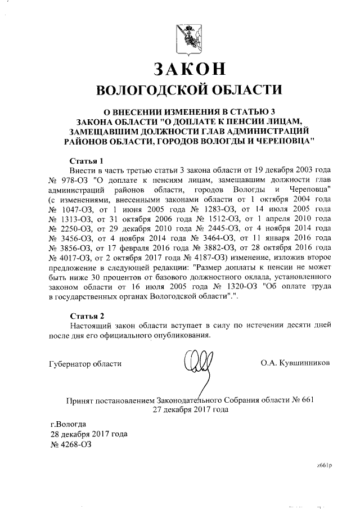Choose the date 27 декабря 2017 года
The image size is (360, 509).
pos(190,409)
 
